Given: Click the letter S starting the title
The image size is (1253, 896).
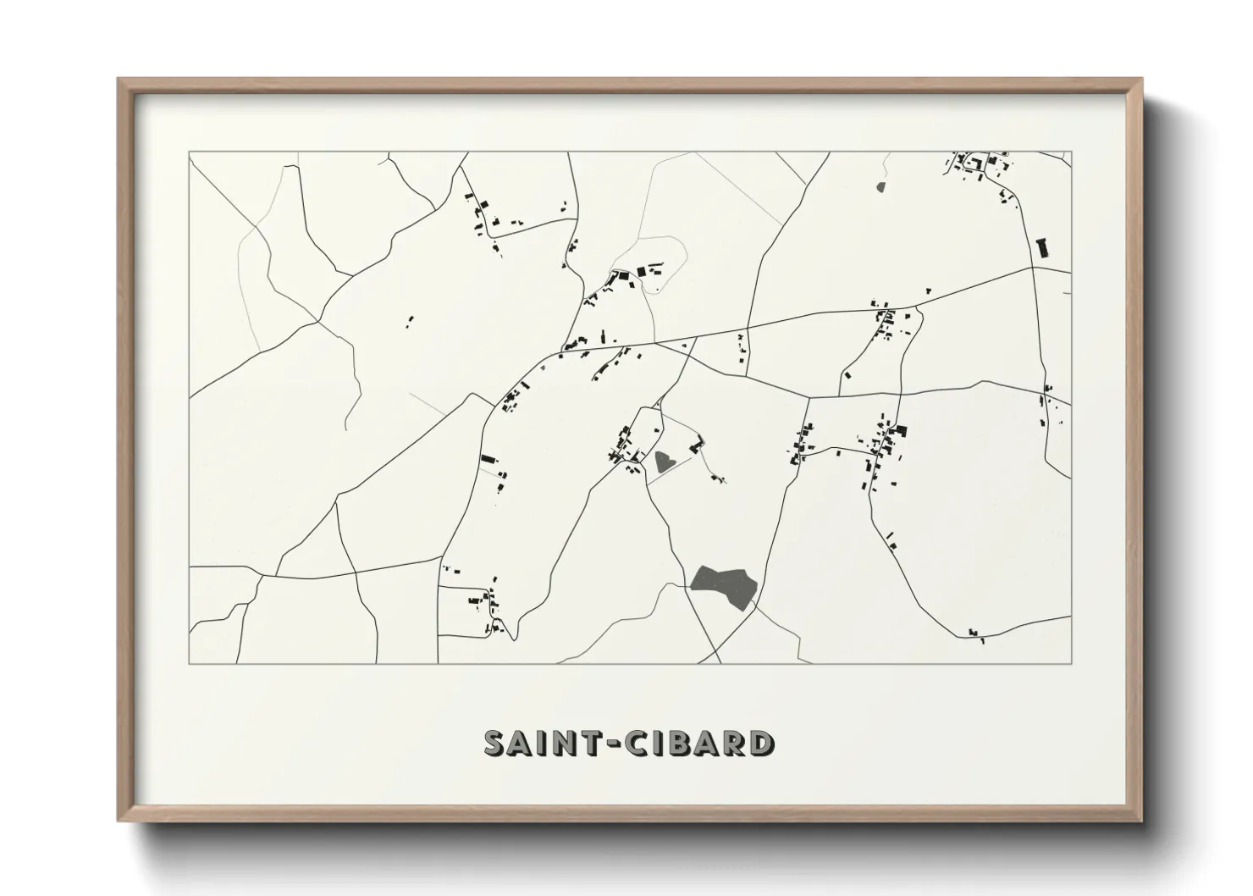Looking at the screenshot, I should click(494, 743).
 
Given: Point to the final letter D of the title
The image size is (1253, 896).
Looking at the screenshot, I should click(761, 743).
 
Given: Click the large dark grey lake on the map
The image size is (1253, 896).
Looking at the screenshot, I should click(724, 585).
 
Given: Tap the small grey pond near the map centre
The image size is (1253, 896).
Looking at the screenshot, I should click(665, 462).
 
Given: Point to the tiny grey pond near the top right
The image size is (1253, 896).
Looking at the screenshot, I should click(880, 186).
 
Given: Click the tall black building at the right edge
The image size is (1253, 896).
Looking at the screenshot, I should click(1042, 247).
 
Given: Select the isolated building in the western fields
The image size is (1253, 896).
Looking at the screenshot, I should click(411, 321).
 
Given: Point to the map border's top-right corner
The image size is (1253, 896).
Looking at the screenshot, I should click(1071, 152).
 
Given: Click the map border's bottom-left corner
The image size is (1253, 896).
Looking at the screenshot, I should click(190, 663).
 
